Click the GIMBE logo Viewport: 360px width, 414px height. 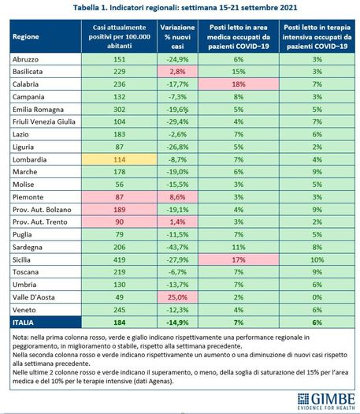326,401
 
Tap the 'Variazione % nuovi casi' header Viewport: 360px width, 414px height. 177,36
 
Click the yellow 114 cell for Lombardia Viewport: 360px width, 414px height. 119,159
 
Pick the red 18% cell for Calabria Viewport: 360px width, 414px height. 239,84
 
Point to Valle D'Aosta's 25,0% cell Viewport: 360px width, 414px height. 177,297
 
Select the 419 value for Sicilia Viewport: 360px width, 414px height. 119,259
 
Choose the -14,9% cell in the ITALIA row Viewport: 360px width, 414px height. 177,323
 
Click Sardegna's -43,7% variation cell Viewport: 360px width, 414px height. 177,247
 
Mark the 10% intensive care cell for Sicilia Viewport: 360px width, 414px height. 317,259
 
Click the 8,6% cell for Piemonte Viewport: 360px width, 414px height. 177,197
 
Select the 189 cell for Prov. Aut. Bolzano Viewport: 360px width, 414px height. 119,210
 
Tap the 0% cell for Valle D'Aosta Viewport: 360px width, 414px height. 317,297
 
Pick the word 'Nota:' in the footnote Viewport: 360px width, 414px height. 20,338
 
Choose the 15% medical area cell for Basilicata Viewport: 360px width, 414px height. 239,72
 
